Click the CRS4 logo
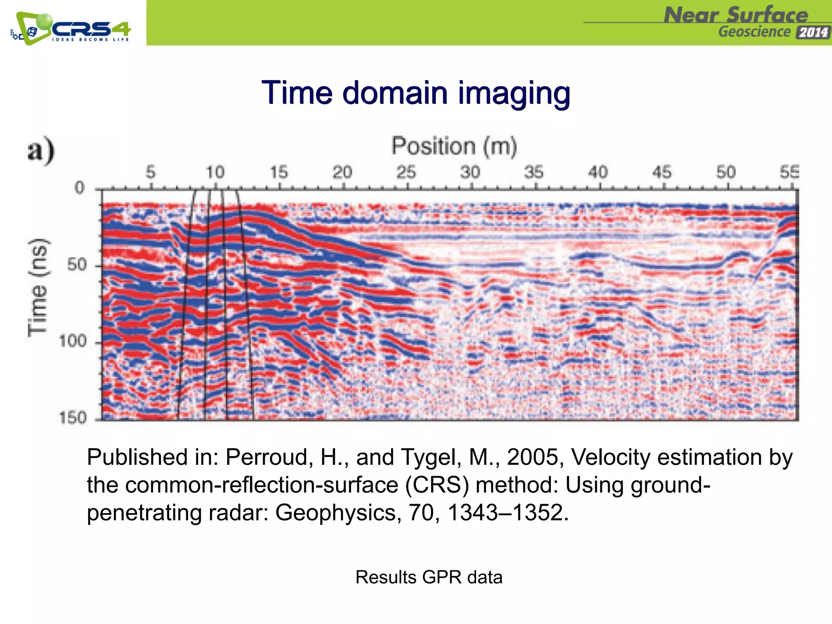coord(71,28)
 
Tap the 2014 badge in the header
coord(813,32)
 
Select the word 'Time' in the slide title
coord(298,93)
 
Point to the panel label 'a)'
coord(41,150)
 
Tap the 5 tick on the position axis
coord(151,172)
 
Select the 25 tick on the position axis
coord(406,172)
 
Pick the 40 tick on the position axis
coord(598,172)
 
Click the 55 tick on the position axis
coord(789,172)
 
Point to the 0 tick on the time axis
coord(80,188)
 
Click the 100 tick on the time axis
coord(73,341)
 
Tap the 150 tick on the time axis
coord(73,418)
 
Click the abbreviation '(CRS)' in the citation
coord(437,485)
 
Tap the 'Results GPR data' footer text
coord(429,577)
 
